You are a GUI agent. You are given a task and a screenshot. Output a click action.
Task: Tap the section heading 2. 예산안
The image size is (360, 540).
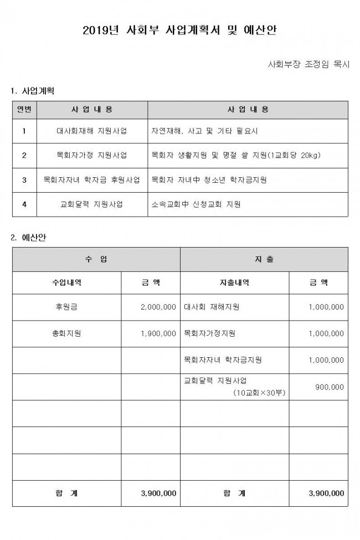pyautogui.click(x=29, y=238)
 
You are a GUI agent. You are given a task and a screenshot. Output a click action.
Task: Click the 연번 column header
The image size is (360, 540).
pyautogui.click(x=24, y=110)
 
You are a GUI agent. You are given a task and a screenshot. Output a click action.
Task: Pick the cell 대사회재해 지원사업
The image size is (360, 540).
pyautogui.click(x=92, y=131)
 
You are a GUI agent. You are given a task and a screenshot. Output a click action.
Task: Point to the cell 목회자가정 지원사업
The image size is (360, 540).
pyautogui.click(x=92, y=155)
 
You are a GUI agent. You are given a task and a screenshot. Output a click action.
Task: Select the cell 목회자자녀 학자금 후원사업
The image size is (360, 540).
pyautogui.click(x=92, y=179)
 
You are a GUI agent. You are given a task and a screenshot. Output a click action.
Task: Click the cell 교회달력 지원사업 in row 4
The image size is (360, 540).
pyautogui.click(x=92, y=204)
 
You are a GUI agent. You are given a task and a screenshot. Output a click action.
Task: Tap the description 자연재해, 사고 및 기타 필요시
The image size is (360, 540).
pyautogui.click(x=204, y=131)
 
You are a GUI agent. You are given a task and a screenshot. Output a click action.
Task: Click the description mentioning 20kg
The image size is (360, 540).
pyautogui.click(x=236, y=155)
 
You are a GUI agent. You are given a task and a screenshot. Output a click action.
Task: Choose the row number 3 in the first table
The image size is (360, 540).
pyautogui.click(x=24, y=179)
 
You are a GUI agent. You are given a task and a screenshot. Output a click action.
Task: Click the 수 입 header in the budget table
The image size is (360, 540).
pyautogui.click(x=96, y=259)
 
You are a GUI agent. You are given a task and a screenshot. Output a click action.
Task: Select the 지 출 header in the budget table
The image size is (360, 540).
pyautogui.click(x=264, y=259)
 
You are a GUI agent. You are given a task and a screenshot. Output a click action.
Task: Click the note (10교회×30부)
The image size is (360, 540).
pyautogui.click(x=256, y=392)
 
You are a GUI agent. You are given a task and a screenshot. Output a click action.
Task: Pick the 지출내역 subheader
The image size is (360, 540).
pyautogui.click(x=234, y=282)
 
